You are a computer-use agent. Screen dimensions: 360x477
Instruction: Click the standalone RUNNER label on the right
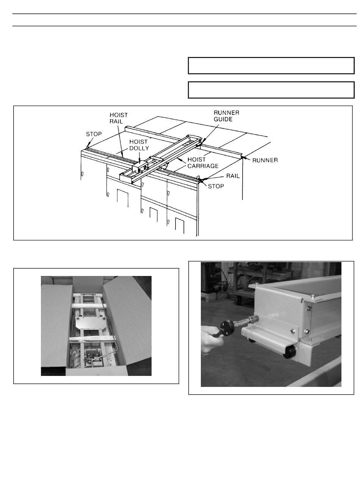(261, 158)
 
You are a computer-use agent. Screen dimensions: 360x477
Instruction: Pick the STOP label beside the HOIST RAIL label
(92, 132)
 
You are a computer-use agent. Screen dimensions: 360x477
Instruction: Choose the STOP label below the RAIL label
(213, 183)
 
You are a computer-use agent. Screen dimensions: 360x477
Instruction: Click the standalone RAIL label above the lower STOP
(230, 173)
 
